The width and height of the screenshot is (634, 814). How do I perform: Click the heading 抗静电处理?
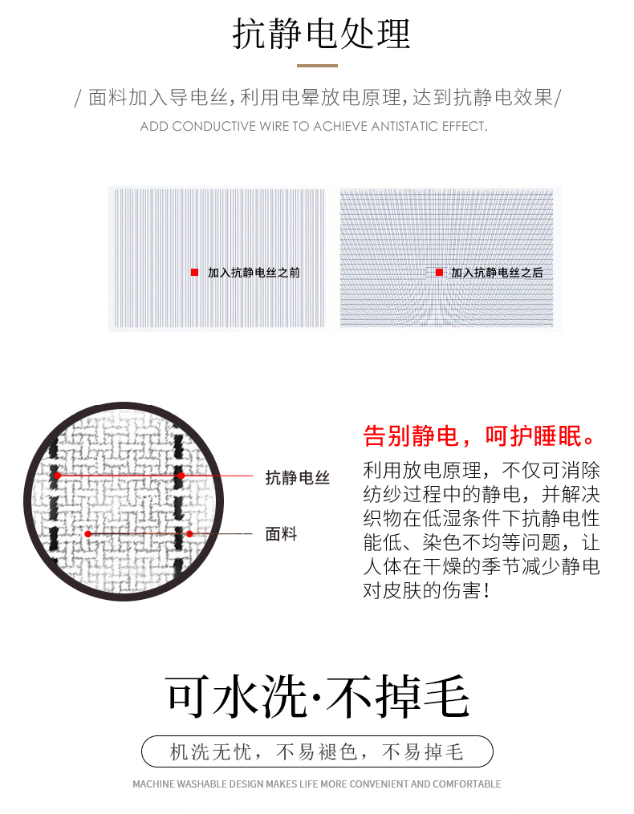point(321,34)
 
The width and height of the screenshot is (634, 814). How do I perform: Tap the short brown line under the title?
point(317,66)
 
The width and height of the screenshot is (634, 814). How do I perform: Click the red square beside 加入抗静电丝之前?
point(194,272)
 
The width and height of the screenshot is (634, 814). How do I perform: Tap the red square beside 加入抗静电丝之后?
point(439,272)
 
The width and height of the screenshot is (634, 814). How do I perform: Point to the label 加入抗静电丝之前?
point(254,273)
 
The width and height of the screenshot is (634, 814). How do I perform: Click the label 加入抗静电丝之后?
point(497,273)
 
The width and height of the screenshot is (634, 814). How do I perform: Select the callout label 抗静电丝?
point(297,477)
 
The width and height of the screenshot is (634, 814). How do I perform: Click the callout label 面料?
point(281,533)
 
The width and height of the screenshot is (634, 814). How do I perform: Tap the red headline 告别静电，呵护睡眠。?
point(478,435)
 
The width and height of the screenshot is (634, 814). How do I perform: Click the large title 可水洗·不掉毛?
point(318,697)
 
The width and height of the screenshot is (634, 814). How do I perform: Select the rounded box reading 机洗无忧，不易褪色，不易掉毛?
point(317,751)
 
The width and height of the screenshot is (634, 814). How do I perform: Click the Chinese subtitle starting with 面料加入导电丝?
point(318,97)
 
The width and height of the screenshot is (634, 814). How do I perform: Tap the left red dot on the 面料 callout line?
point(87,533)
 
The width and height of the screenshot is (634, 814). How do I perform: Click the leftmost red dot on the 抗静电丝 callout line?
point(57,475)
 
